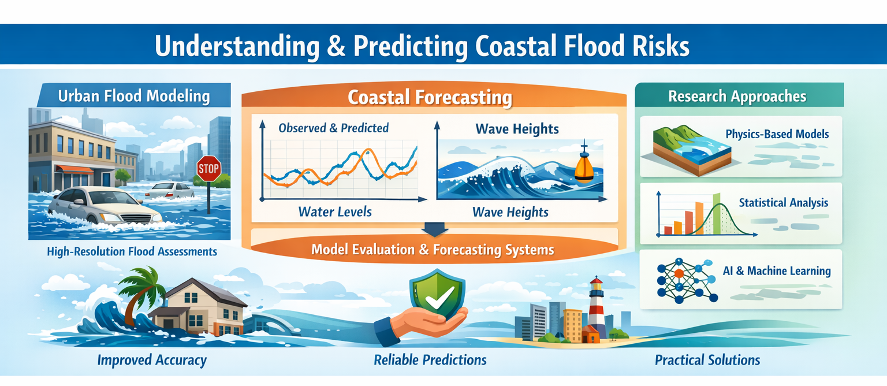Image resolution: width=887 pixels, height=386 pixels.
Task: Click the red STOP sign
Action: (209, 169)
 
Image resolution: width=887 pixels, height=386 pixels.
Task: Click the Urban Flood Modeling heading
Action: (133, 96)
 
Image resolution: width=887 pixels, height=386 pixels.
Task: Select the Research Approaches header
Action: (737, 96)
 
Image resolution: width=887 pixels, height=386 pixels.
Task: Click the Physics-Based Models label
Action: (777, 134)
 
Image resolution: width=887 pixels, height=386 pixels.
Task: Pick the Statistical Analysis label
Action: (783, 203)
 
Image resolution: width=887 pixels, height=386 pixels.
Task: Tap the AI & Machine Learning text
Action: (776, 270)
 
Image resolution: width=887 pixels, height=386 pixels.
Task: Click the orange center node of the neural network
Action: (679, 273)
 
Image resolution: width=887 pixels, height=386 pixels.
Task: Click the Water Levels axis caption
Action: (335, 211)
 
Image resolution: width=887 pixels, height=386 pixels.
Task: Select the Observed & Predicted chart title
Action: (333, 128)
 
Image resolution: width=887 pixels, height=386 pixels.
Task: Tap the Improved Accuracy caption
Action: (152, 361)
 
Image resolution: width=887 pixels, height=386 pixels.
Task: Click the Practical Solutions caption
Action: (707, 361)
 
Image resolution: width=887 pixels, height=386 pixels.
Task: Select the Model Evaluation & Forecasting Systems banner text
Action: (433, 250)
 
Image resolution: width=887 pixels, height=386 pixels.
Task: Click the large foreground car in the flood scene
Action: (104, 206)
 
